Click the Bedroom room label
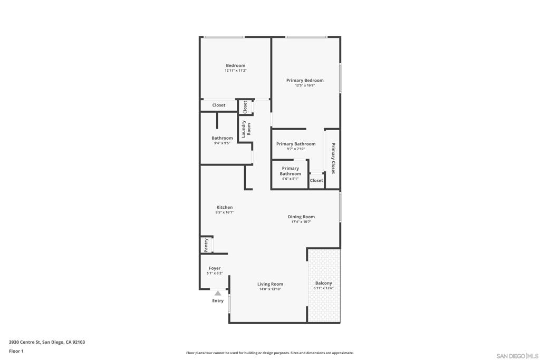pos(236,65)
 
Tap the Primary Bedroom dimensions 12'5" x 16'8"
pos(305,85)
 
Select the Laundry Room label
pos(246,129)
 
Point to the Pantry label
pos(206,246)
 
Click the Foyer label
pos(215,268)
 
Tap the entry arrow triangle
pos(218,293)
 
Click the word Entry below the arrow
pos(218,301)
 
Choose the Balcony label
pos(323,283)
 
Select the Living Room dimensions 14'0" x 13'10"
pos(270,289)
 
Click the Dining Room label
pos(301,217)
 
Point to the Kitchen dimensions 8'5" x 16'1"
pos(225,212)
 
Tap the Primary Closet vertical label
pos(333,158)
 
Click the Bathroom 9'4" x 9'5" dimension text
pos(222,143)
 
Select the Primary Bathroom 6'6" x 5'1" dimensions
pos(291,179)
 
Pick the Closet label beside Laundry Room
pos(245,107)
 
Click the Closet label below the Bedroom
pos(219,105)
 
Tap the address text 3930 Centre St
pos(25,342)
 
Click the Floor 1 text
pos(16,351)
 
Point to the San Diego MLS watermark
pos(517,356)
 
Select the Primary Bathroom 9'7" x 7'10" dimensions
pos(296,149)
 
